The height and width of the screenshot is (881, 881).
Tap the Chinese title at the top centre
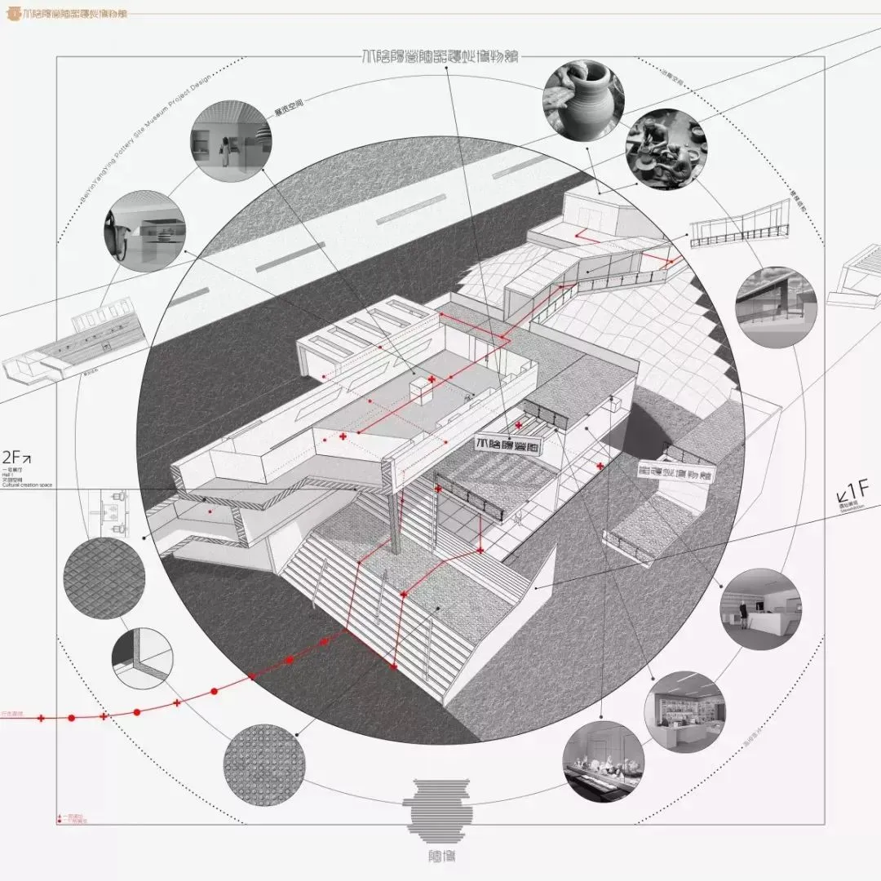[440, 57]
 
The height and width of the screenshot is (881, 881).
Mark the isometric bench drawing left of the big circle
[77, 347]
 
